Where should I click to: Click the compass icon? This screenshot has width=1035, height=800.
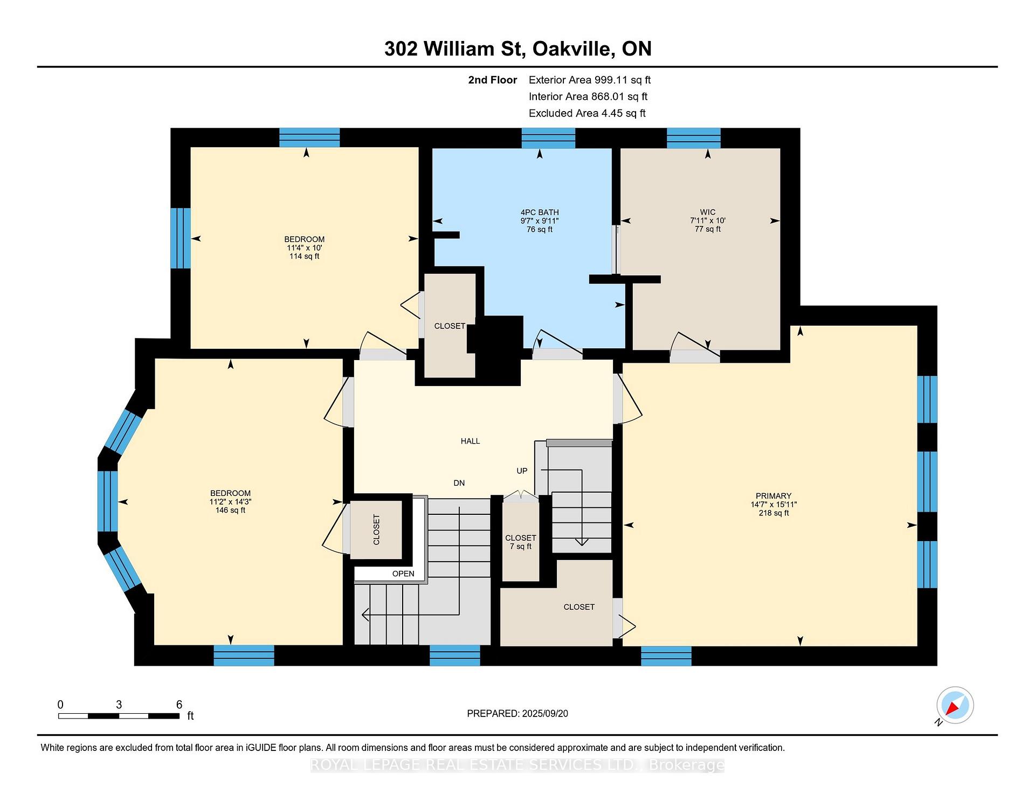click(955, 705)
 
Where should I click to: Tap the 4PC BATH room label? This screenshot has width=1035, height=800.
click(539, 212)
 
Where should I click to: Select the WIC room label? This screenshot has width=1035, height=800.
click(707, 212)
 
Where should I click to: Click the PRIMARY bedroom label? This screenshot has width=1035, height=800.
click(773, 496)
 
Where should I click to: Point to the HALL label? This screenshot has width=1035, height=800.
click(470, 441)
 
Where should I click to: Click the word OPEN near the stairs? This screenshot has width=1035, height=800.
click(403, 574)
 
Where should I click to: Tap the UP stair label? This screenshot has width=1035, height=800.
click(522, 471)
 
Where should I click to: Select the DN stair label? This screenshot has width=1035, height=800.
click(459, 483)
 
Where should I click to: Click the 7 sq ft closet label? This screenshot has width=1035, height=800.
click(520, 547)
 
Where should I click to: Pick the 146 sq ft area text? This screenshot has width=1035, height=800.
click(230, 510)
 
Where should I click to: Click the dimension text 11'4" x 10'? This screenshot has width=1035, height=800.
click(304, 248)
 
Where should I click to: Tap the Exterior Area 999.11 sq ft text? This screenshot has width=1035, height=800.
click(589, 80)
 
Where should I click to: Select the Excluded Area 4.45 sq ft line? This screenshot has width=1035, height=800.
click(586, 113)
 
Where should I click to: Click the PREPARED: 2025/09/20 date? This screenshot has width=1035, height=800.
click(517, 713)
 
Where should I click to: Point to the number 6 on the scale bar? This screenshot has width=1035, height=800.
click(179, 705)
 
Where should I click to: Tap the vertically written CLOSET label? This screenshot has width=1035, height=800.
click(376, 529)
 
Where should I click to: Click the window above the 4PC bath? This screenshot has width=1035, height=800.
click(548, 138)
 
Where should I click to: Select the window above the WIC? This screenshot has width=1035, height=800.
click(693, 138)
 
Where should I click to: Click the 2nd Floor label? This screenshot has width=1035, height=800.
click(492, 80)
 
